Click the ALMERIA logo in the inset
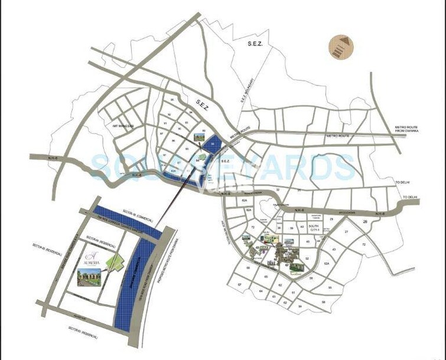tap(90, 256)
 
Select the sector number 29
tap(332, 219)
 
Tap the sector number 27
tap(347, 233)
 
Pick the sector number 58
tap(323, 302)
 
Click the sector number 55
tap(330, 287)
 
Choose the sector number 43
tap(334, 249)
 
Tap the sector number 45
tap(307, 241)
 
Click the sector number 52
tap(307, 258)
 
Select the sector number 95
tap(187, 134)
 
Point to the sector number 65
tap(266, 277)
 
